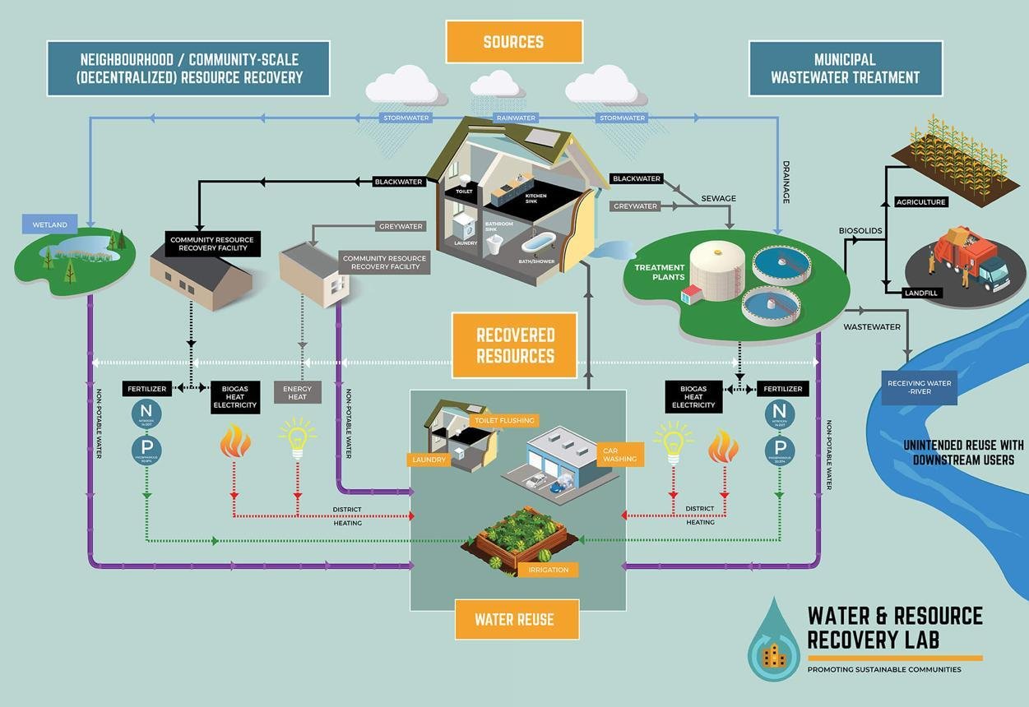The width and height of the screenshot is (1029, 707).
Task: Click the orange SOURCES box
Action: pyautogui.click(x=513, y=41)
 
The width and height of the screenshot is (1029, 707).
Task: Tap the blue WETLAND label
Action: pyautogui.click(x=51, y=224)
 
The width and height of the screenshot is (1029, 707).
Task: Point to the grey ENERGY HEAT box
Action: pyautogui.click(x=297, y=392)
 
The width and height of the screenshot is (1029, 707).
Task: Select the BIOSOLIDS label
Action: pyautogui.click(x=860, y=231)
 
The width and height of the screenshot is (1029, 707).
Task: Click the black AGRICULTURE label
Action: pyautogui.click(x=921, y=201)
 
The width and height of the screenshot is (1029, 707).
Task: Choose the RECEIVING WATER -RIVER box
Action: pyautogui.click(x=919, y=387)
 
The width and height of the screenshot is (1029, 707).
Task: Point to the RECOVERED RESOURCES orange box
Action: pyautogui.click(x=515, y=345)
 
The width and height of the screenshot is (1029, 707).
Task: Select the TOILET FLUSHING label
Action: pyautogui.click(x=503, y=420)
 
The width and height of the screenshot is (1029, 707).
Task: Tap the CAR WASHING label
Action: pyautogui.click(x=619, y=453)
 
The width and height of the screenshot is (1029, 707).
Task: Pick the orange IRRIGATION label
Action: pyautogui.click(x=549, y=569)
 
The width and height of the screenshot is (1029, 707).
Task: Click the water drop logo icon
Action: pyautogui.click(x=773, y=641)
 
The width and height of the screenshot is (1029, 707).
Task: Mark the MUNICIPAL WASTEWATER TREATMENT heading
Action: pyautogui.click(x=845, y=69)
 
